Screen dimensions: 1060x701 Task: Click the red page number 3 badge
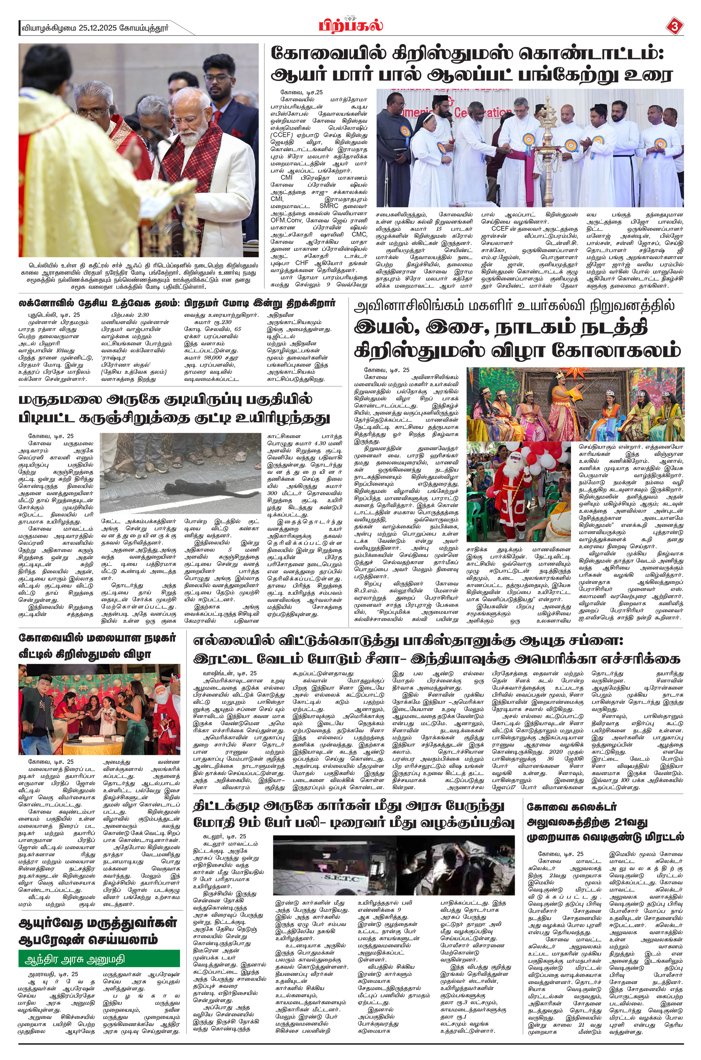click(x=674, y=27)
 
